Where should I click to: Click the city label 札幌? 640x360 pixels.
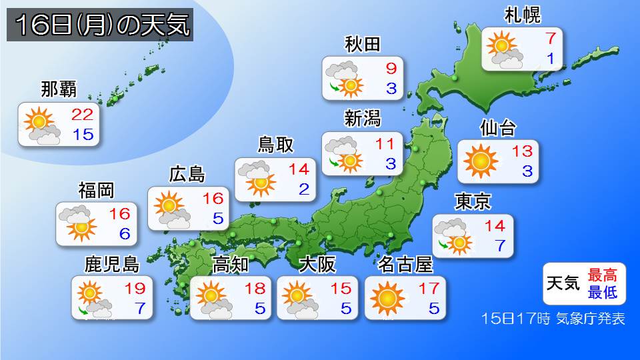(x=522, y=15)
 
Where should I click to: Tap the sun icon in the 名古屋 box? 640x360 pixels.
(x=387, y=297)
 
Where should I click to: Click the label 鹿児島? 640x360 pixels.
(x=112, y=264)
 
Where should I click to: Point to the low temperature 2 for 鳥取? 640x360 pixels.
(x=304, y=189)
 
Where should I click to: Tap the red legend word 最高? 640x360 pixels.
(x=602, y=274)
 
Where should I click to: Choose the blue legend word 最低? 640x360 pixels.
(x=602, y=291)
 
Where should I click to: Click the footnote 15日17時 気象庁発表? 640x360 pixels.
(x=553, y=319)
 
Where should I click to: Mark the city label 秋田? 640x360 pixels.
(x=363, y=44)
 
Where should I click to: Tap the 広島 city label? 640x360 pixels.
(x=187, y=175)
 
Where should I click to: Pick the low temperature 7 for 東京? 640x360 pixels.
(x=499, y=245)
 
